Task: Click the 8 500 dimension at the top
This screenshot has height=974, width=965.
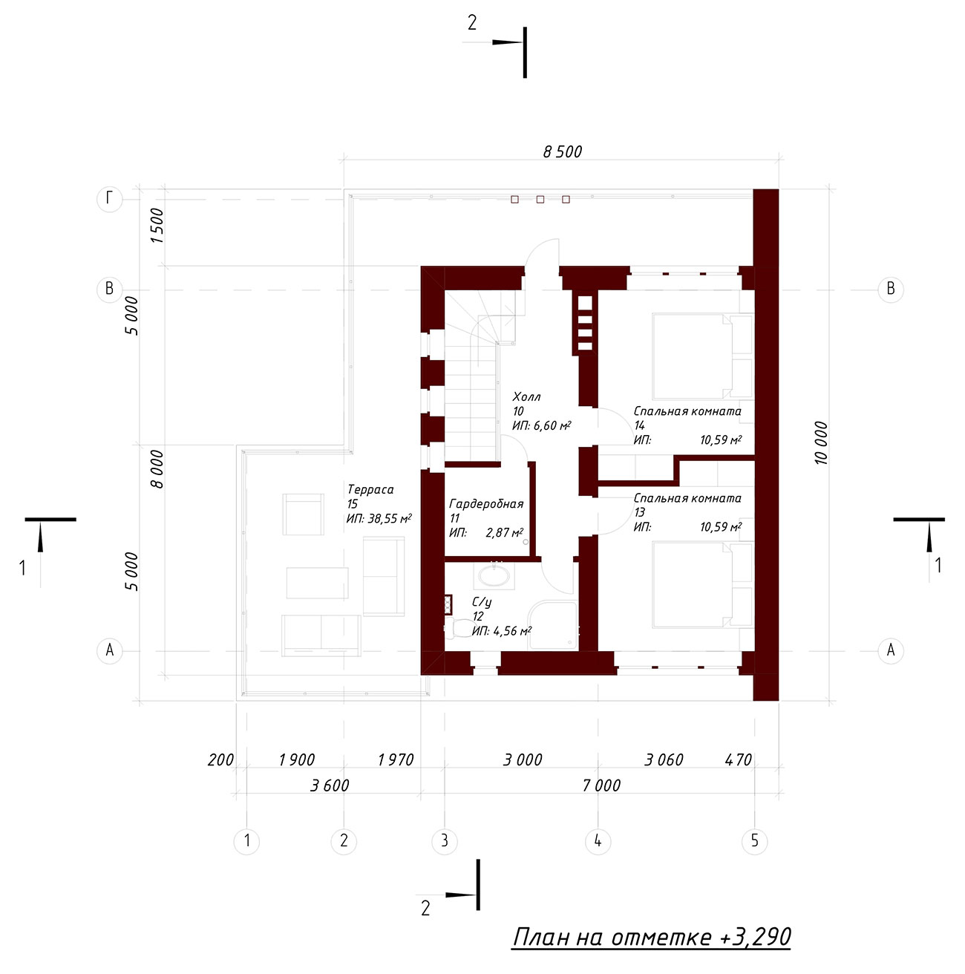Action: click(x=562, y=151)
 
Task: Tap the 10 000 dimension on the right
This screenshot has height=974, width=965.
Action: click(x=821, y=442)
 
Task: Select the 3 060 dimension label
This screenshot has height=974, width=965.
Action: click(x=663, y=759)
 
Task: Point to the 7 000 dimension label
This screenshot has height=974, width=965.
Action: click(x=601, y=785)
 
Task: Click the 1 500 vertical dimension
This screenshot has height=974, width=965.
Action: click(x=157, y=226)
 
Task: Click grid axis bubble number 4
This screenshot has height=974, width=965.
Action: click(x=598, y=840)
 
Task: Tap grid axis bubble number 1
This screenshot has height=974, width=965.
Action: click(x=246, y=840)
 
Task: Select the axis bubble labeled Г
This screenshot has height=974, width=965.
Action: click(x=109, y=199)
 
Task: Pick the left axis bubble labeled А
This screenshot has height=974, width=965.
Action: click(x=109, y=650)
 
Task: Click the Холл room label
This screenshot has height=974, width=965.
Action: click(x=526, y=396)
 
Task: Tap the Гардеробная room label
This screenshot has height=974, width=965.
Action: click(x=486, y=504)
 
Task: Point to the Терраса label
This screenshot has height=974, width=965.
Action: click(x=370, y=489)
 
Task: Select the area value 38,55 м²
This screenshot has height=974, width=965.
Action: click(x=389, y=518)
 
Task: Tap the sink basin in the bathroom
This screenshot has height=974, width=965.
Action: click(x=494, y=575)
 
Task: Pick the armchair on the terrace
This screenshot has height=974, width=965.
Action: click(x=303, y=514)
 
